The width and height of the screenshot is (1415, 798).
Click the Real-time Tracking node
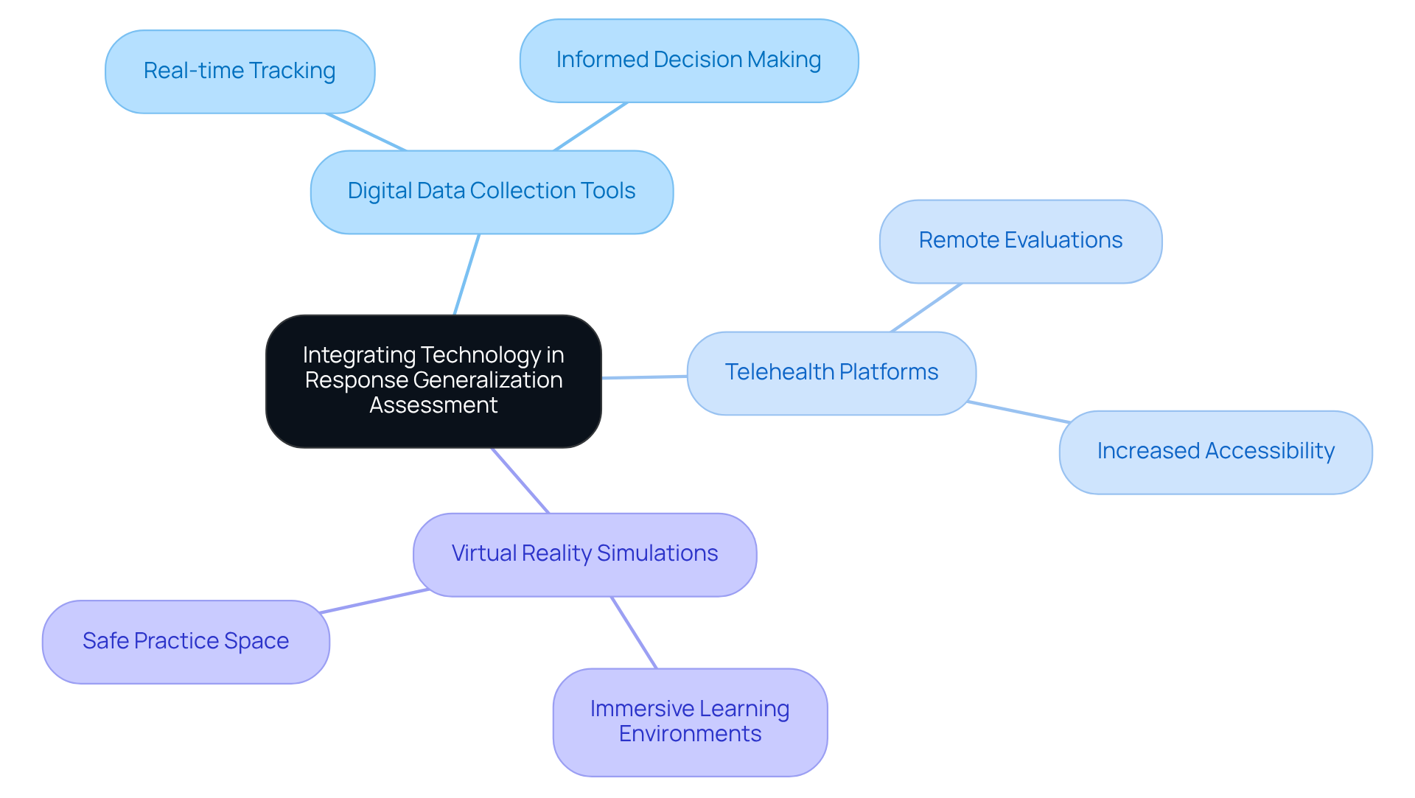(240, 71)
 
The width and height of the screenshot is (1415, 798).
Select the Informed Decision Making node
(688, 60)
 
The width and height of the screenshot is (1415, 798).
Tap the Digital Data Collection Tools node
(492, 192)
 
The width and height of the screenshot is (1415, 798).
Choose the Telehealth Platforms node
(831, 373)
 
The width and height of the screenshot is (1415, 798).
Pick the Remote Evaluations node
(1020, 241)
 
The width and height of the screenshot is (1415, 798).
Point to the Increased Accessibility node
(1215, 452)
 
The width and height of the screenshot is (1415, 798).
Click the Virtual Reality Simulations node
(584, 554)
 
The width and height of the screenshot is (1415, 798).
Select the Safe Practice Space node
(186, 642)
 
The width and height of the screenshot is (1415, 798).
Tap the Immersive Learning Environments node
(690, 722)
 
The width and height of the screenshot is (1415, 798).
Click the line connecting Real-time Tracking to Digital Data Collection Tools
(366, 132)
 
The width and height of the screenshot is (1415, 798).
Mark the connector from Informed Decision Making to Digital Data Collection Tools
(590, 127)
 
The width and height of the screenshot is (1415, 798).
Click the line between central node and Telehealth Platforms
(644, 377)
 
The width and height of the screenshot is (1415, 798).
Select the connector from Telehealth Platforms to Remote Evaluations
(926, 307)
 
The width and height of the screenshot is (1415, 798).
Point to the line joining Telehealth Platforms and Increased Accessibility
(1019, 412)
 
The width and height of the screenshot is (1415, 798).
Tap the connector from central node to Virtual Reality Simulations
(520, 480)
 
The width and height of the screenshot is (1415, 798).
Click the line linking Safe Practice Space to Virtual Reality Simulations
(374, 601)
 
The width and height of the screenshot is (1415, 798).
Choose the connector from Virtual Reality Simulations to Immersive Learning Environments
(634, 632)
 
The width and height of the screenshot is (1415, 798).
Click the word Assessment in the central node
(433, 405)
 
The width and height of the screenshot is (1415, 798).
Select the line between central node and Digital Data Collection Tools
(467, 274)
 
